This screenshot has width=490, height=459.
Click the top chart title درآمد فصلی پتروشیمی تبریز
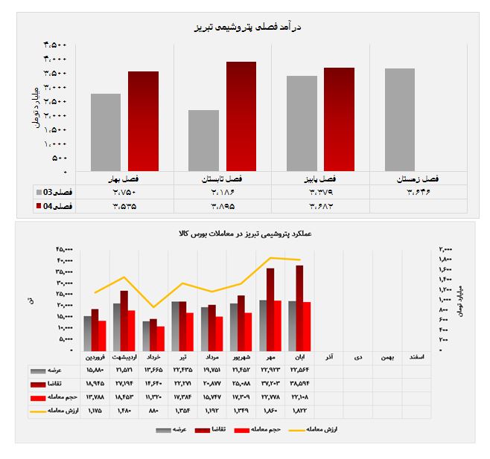[x=245, y=27]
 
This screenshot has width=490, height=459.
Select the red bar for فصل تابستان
[x=241, y=117]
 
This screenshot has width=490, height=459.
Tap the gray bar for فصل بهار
[x=110, y=133]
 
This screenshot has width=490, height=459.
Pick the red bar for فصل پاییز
[x=339, y=120]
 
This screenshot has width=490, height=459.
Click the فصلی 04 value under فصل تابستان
[x=223, y=205]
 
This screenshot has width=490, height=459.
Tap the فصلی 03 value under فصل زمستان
[x=420, y=192]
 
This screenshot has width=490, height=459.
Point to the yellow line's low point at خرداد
[x=153, y=306]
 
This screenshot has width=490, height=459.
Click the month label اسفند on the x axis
[x=416, y=358]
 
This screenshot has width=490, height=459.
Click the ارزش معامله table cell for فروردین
[x=95, y=410]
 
